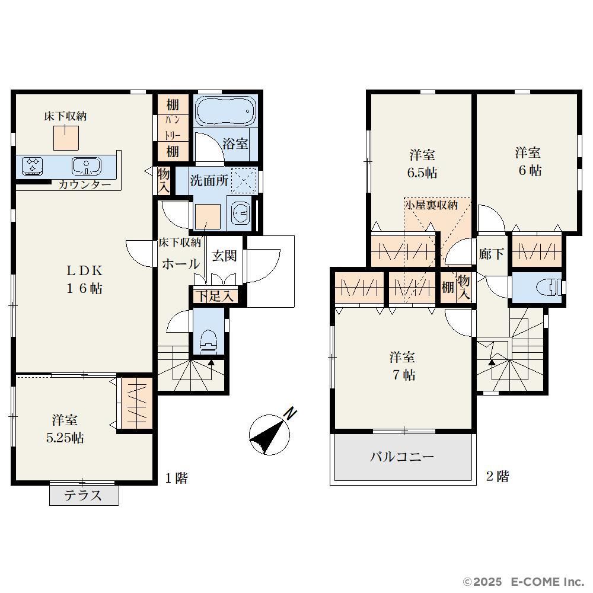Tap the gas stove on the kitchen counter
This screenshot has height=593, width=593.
click(32, 167)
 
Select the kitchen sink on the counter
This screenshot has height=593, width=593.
click(87, 167)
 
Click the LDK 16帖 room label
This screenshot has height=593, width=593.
click(84, 279)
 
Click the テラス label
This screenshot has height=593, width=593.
click(83, 495)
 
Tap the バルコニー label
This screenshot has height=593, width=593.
click(401, 457)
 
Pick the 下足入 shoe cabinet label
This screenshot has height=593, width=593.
click(215, 296)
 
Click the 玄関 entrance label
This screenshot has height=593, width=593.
click(224, 256)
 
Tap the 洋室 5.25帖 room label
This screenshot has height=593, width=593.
click(65, 429)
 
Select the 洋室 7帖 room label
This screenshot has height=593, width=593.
click(403, 366)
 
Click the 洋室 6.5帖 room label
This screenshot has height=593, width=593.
click(422, 164)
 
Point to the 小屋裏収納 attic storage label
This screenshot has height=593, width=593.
click(432, 205)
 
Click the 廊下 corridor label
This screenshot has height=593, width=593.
click(491, 254)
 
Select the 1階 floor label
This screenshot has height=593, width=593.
click(176, 478)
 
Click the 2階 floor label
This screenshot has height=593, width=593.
click(498, 476)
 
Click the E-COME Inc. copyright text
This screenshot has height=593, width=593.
click(547, 581)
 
